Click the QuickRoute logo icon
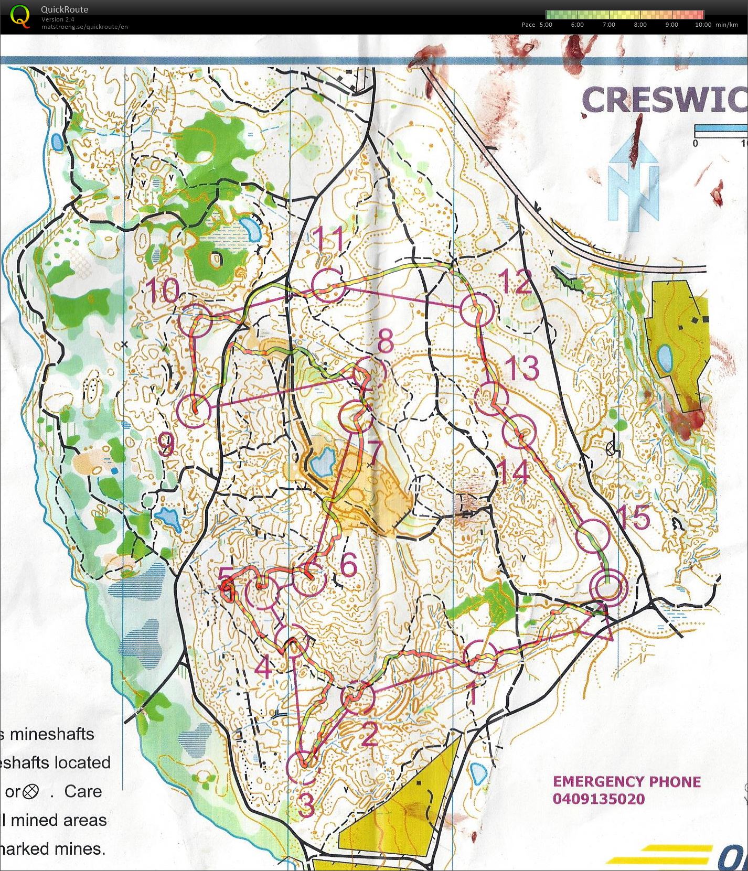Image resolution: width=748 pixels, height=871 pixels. click(x=19, y=15)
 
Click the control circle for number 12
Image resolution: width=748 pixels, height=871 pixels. click(x=477, y=310)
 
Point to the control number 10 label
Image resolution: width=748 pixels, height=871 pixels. click(x=162, y=290)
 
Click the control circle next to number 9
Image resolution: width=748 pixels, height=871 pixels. click(x=194, y=410)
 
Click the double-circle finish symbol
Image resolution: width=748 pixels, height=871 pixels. click(x=608, y=587)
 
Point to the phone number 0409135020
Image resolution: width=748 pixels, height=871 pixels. click(x=598, y=800)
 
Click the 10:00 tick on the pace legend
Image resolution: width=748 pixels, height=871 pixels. click(x=703, y=25)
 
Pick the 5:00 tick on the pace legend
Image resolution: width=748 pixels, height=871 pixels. click(x=546, y=25)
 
